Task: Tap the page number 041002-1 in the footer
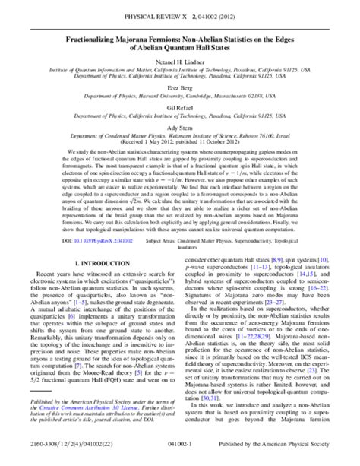pos(180,455)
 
